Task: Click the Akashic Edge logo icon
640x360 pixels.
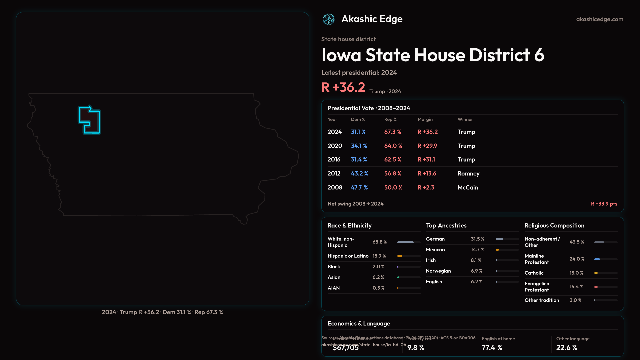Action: [328, 19]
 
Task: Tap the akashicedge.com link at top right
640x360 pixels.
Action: [600, 19]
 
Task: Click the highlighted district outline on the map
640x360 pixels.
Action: [89, 120]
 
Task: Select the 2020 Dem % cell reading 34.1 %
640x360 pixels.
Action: [359, 146]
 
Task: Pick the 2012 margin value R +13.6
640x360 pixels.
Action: [427, 174]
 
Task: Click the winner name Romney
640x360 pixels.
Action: [468, 174]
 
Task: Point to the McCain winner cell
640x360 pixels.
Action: [468, 188]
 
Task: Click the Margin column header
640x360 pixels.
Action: [425, 119]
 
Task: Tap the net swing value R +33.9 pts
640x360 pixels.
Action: [604, 204]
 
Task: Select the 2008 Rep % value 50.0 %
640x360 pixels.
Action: [393, 188]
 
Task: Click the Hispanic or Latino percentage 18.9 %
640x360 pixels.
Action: [379, 256]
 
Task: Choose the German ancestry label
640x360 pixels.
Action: [435, 239]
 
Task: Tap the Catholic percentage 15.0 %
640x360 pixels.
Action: [576, 273]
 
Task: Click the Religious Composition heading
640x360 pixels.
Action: [554, 226]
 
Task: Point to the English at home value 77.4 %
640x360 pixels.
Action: [492, 348]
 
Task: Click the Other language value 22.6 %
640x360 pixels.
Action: [566, 348]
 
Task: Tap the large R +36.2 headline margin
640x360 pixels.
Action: [343, 87]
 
